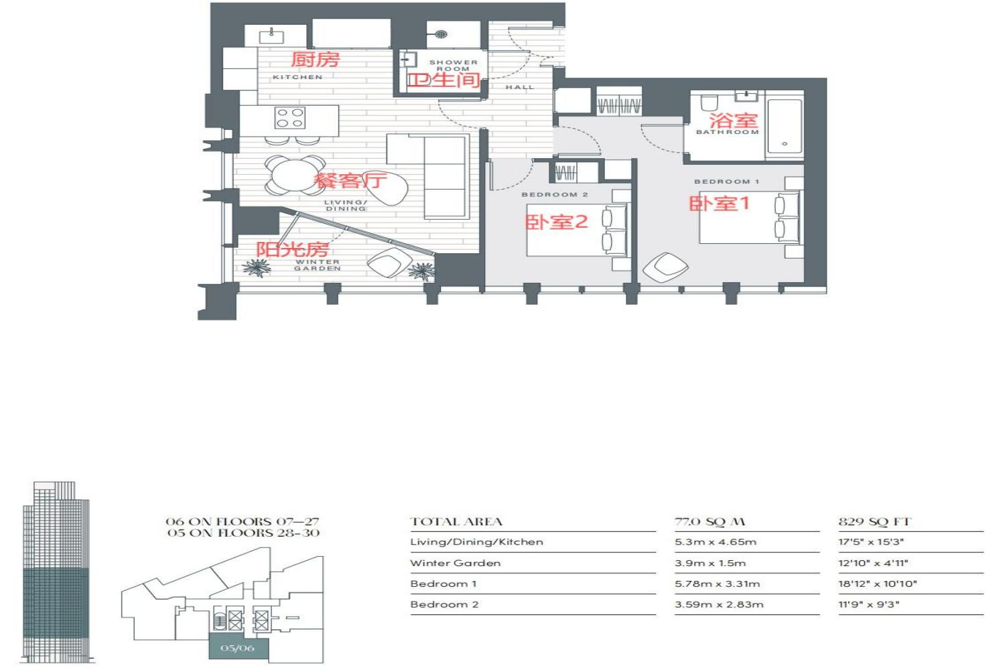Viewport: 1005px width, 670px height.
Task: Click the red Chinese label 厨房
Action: [315, 59]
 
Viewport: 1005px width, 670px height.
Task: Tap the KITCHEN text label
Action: [297, 77]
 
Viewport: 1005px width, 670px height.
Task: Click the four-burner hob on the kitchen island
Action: [290, 117]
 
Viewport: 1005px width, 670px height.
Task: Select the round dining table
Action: [294, 176]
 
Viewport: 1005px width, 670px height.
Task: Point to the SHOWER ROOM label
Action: [453, 66]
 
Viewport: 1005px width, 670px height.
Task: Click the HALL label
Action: [520, 87]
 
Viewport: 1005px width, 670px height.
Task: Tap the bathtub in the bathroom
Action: [785, 126]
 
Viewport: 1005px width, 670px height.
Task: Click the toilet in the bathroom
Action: [710, 103]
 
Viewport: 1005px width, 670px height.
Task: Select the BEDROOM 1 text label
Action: [726, 182]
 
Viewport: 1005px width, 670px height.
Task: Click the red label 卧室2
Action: [556, 222]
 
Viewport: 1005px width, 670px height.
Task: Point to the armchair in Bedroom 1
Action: [665, 267]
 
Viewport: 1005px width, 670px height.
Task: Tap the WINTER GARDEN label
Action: [318, 265]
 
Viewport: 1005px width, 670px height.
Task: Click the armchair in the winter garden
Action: [389, 263]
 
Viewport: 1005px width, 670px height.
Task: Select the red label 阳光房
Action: [292, 249]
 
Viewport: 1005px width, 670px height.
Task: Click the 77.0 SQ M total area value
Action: [710, 522]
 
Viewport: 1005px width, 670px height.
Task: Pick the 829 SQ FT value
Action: [874, 522]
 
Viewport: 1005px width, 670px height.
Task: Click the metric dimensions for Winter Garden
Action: [710, 563]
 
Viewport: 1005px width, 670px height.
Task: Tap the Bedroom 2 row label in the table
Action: [444, 604]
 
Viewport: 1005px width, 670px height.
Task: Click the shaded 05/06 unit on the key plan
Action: [239, 648]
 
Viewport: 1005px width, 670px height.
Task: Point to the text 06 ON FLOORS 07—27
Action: [243, 521]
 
